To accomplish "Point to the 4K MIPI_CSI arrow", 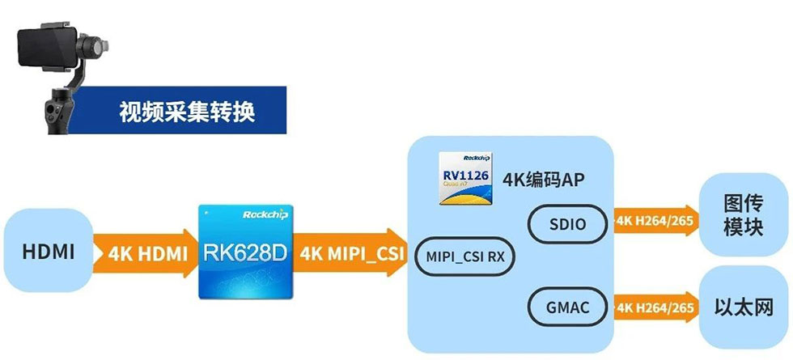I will coord(350,252).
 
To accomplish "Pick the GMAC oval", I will coord(566,308).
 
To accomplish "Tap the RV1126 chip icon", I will coord(464,177).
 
